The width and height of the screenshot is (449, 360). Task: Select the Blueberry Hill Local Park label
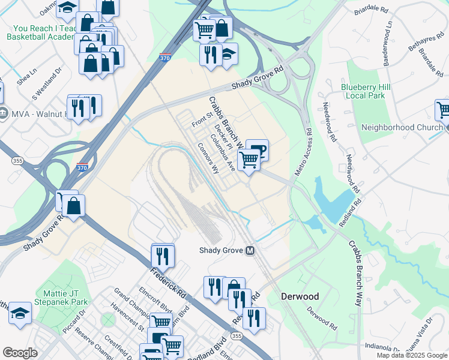366,91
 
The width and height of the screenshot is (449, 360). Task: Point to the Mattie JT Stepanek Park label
62,297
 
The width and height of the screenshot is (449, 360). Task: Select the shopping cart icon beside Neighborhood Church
443,110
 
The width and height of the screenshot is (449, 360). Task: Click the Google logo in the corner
19,353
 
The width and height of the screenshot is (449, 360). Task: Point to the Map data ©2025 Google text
412,355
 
